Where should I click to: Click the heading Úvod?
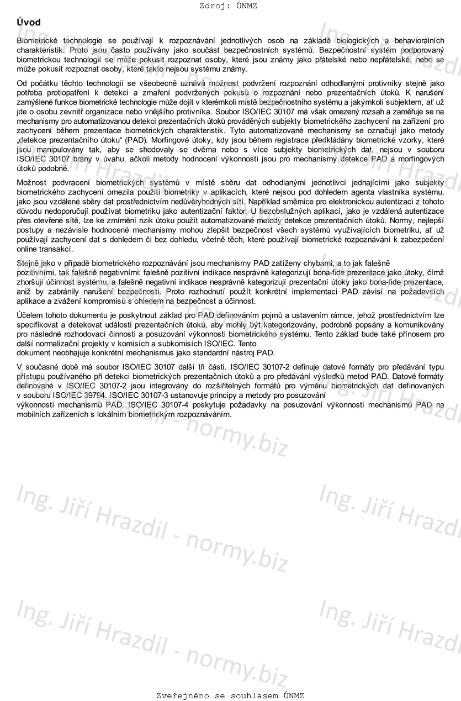29,22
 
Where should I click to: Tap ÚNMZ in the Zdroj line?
246,6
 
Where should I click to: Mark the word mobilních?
35,414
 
